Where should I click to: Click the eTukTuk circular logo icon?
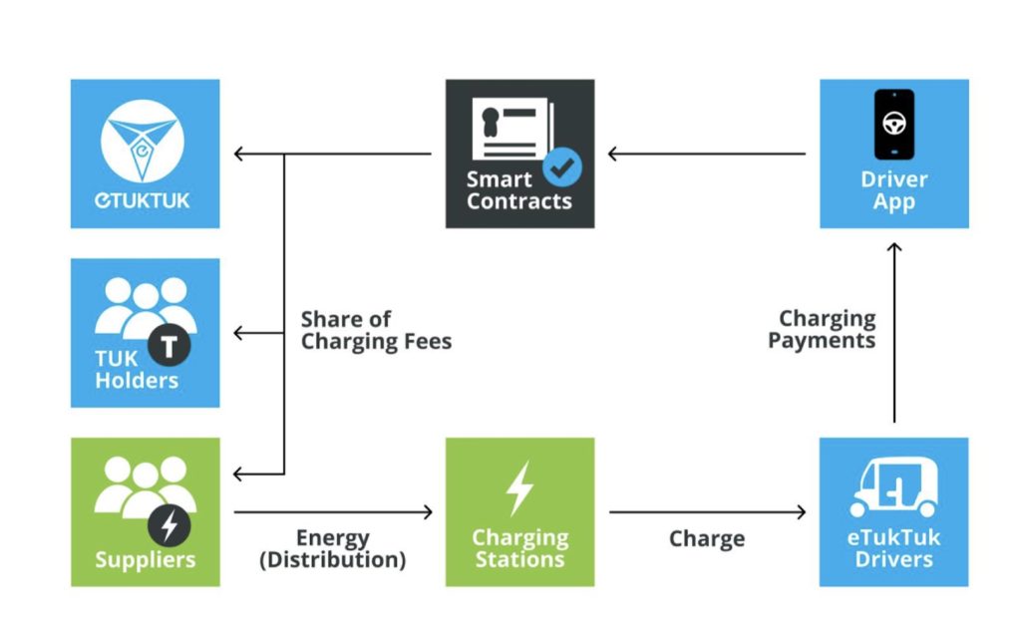[x=143, y=142]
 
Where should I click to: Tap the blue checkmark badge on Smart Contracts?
[x=562, y=167]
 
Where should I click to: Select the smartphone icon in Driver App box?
[x=894, y=125]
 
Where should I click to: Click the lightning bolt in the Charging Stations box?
[x=520, y=488]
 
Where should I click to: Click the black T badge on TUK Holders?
[x=170, y=346]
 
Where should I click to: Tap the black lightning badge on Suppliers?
[x=170, y=525]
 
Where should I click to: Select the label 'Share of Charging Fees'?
[x=376, y=331]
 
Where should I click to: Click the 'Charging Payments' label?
[x=822, y=329]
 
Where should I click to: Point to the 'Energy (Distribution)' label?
[x=333, y=548]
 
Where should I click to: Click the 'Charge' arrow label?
[x=707, y=538]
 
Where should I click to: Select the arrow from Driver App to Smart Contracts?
[x=707, y=155]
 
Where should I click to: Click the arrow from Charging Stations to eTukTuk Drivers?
[x=707, y=512]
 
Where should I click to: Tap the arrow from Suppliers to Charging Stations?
[x=333, y=512]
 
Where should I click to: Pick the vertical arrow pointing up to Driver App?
[x=894, y=333]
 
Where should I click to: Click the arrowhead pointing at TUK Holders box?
[x=238, y=333]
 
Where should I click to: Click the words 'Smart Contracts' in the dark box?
[x=518, y=190]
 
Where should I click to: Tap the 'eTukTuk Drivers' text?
[x=893, y=548]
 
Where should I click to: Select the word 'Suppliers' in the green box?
[x=146, y=559]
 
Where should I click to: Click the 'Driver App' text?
[x=894, y=190]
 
